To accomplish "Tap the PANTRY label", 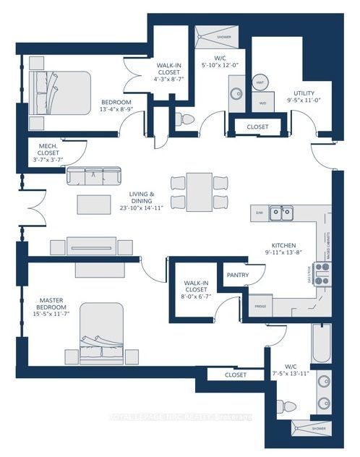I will (x=238, y=276).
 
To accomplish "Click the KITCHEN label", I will (x=281, y=247).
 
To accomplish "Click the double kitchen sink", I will (x=281, y=213).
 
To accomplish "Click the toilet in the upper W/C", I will (x=187, y=119).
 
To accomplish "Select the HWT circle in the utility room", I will (x=260, y=85).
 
